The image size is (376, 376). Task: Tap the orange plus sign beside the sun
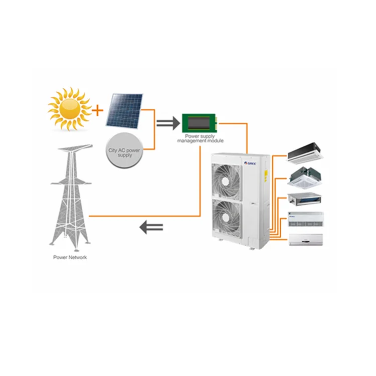97,108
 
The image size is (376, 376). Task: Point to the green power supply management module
200,122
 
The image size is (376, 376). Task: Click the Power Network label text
70,257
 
